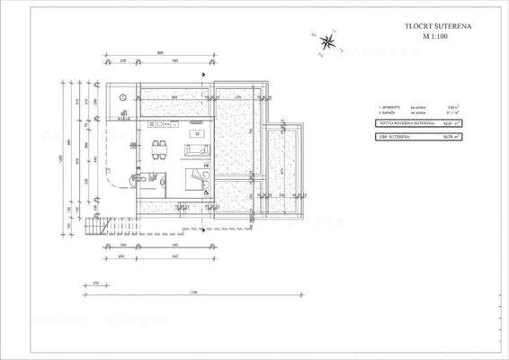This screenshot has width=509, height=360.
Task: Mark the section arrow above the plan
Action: pos(209,66)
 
